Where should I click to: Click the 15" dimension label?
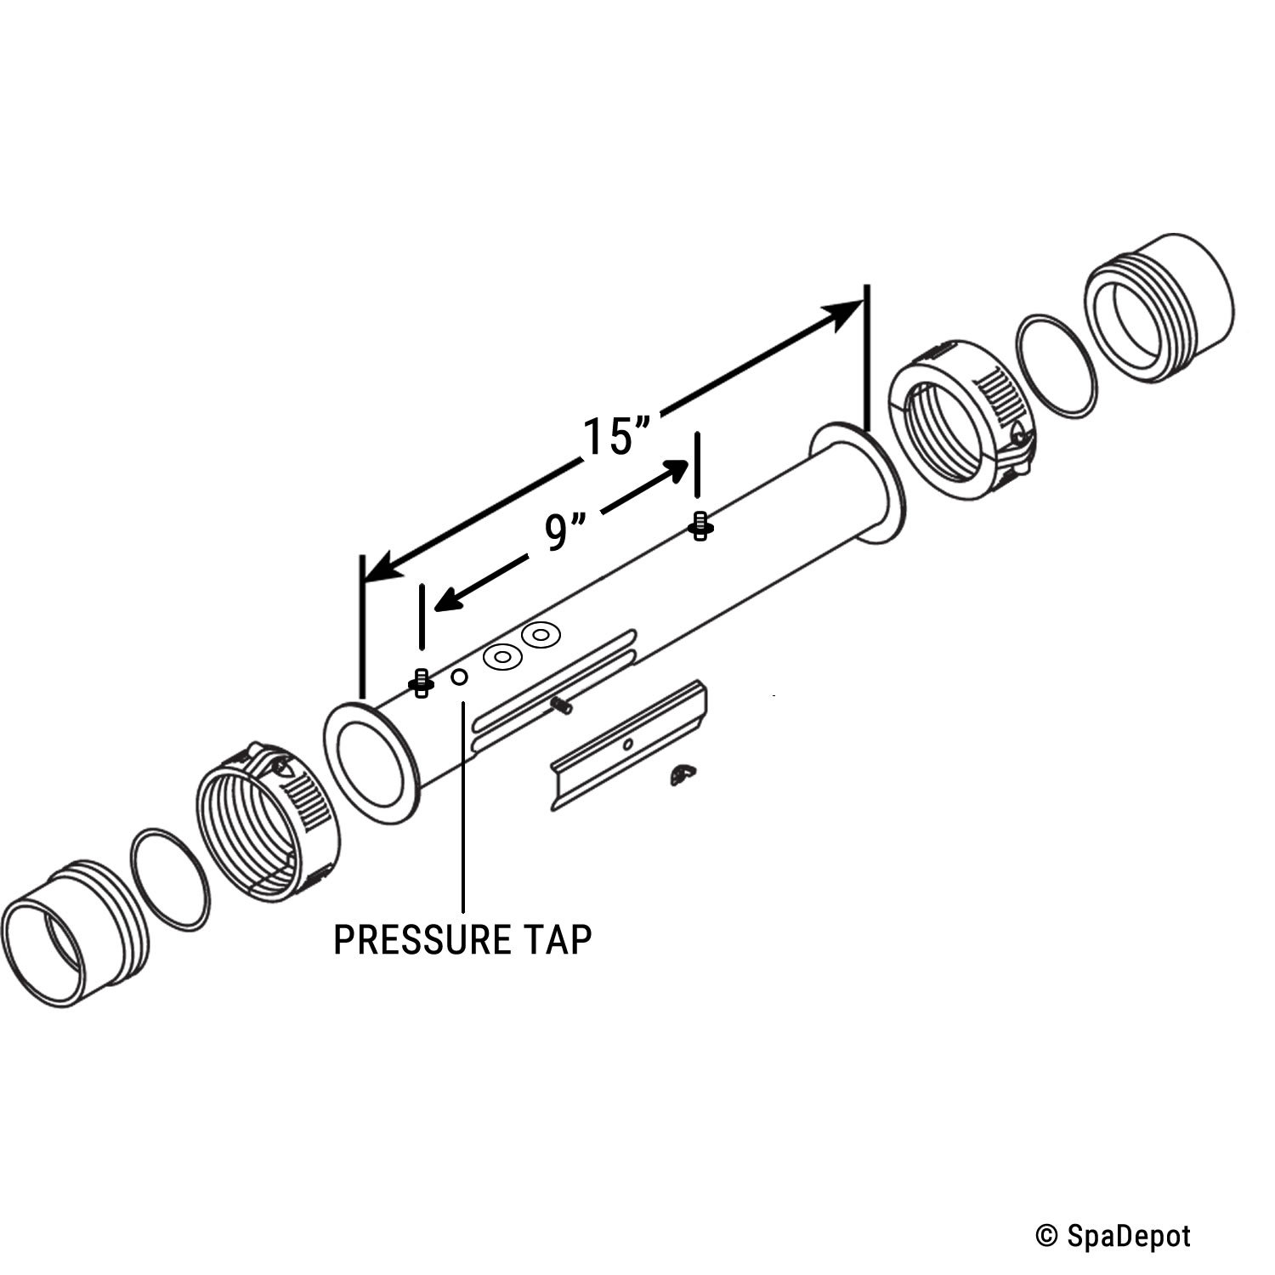pos(616,435)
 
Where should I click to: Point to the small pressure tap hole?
pos(460,677)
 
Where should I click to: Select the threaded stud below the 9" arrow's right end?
pos(700,527)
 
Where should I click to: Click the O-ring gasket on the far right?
pos(1052,366)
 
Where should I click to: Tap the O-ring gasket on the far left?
pos(170,879)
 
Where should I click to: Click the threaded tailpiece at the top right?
pos(1160,306)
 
